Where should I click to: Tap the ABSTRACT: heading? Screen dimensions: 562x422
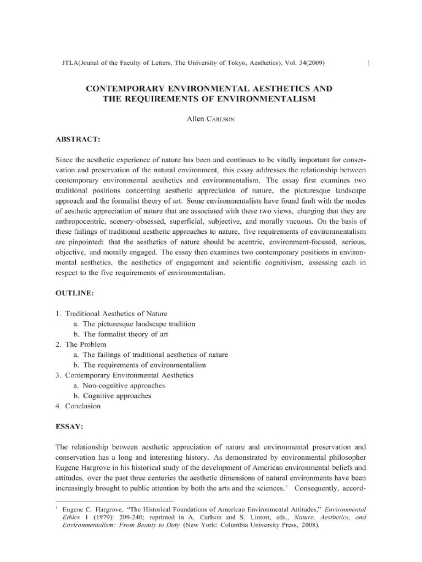pyautogui.click(x=76, y=139)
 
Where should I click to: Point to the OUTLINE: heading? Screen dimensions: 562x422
pyautogui.click(x=74, y=294)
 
